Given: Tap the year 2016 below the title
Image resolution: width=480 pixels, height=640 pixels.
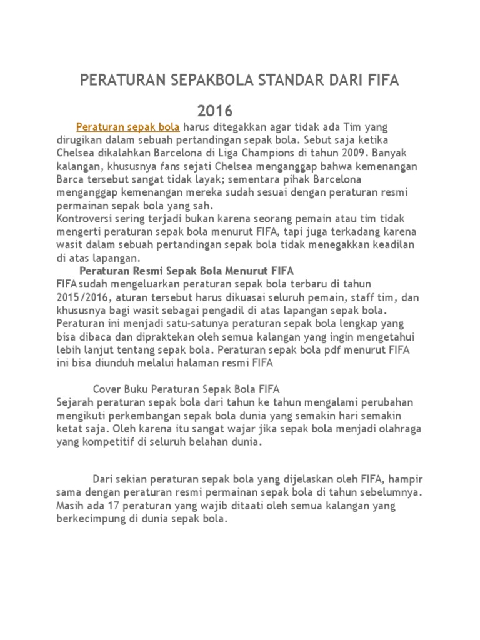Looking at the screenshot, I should click(215, 111).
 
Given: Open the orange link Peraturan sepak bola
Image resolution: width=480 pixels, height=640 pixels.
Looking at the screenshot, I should click(127, 126).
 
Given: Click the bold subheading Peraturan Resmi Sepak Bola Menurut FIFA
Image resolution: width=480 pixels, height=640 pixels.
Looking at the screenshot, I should click(187, 271).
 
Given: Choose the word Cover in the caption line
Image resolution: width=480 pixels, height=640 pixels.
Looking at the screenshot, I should click(107, 388).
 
